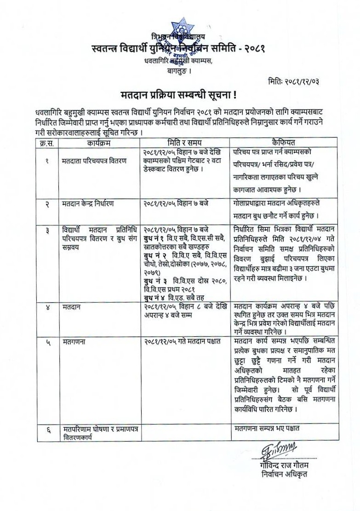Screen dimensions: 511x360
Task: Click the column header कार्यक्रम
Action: coord(99,143)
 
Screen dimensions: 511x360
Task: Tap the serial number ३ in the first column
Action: coord(47,230)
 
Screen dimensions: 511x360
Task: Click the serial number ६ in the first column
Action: coord(47,431)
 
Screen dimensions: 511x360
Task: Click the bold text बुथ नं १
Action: coord(154,237)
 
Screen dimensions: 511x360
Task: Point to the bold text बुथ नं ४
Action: coord(154,298)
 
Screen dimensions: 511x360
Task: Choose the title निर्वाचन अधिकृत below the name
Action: coord(284,474)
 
